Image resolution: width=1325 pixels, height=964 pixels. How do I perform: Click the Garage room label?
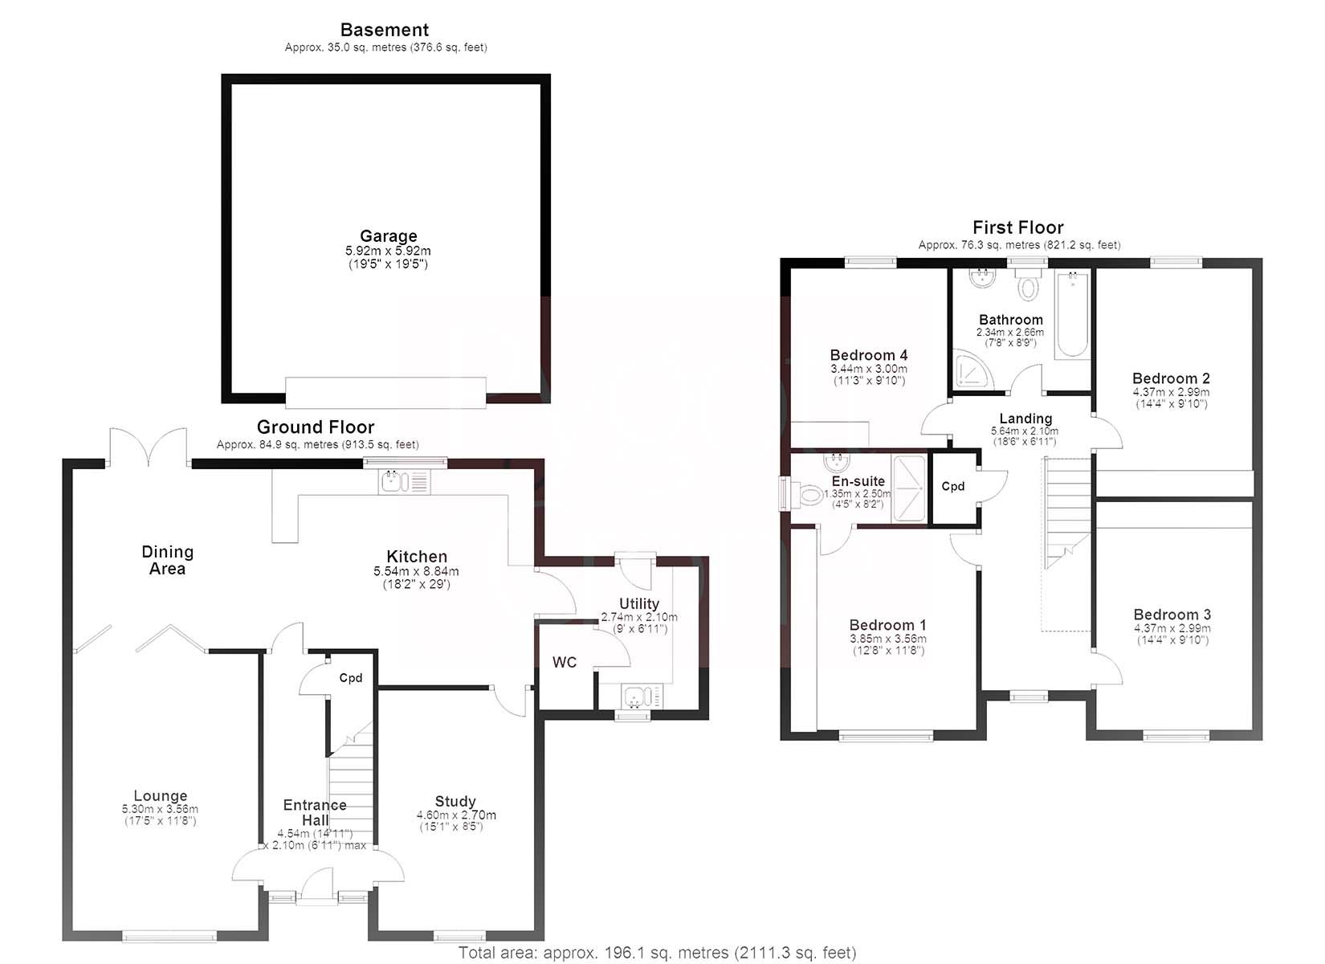388,236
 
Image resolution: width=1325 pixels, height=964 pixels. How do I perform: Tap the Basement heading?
385,30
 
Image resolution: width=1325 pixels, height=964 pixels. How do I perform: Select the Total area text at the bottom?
657,952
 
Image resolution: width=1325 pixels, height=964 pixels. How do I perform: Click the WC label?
565,662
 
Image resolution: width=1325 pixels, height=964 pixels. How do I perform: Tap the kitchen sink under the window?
405,481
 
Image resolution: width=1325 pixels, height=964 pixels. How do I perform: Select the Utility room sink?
642,696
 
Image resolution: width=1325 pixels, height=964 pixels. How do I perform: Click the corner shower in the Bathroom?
969,370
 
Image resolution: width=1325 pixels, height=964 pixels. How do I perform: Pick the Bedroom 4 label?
868,355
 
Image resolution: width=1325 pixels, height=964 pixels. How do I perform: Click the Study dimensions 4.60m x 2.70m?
456,815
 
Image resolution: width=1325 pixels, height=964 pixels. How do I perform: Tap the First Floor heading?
1018,227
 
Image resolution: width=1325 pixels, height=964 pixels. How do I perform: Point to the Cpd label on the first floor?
953,486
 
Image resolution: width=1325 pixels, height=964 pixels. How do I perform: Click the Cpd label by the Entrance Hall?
351,677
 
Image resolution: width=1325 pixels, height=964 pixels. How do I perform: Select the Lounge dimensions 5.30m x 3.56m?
160,809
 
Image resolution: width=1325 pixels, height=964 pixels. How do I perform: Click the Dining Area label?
167,560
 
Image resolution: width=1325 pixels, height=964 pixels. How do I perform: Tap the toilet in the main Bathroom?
1029,285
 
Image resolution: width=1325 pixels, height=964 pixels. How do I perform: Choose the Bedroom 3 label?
1172,615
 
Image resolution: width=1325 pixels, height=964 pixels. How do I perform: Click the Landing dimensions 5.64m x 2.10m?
1025,431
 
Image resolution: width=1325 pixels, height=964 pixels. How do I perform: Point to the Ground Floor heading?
316,427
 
